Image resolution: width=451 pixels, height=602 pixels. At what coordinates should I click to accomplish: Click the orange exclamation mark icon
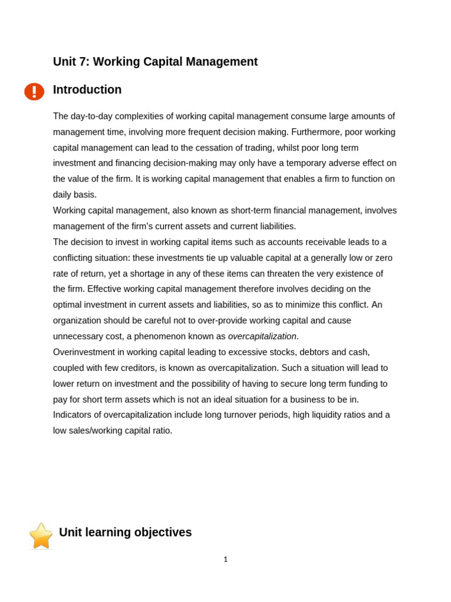click(x=34, y=92)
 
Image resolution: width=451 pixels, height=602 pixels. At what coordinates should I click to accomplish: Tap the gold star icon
click(x=41, y=536)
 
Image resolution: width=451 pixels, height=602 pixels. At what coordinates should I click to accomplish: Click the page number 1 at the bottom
click(x=225, y=560)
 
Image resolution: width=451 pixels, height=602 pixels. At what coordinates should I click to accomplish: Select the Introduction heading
click(x=87, y=90)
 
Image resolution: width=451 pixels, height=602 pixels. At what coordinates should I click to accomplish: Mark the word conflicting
click(x=75, y=258)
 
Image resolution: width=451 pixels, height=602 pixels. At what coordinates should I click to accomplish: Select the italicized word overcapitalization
click(x=262, y=337)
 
